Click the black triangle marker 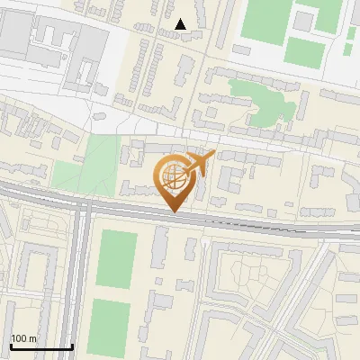[x=182, y=24]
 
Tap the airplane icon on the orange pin [x=201, y=163]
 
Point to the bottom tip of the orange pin [x=174, y=212]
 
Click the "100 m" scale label [x=23, y=338]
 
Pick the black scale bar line [x=40, y=346]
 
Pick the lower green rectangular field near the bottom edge [x=110, y=326]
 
